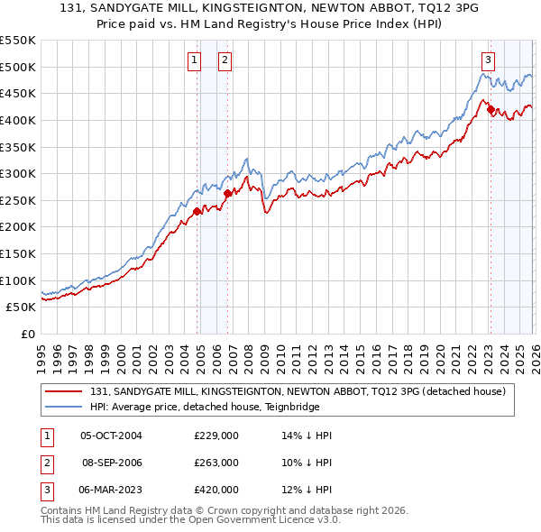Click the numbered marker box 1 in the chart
tap(194, 60)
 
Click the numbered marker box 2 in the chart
tap(224, 60)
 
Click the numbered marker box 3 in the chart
tap(488, 60)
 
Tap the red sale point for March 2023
tap(490, 110)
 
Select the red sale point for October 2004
tap(197, 212)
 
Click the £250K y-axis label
tap(18, 200)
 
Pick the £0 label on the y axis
tap(28, 334)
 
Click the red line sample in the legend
tap(64, 391)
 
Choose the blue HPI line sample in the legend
tap(64, 407)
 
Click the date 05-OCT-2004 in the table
tap(112, 436)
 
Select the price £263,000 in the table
tap(216, 463)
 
